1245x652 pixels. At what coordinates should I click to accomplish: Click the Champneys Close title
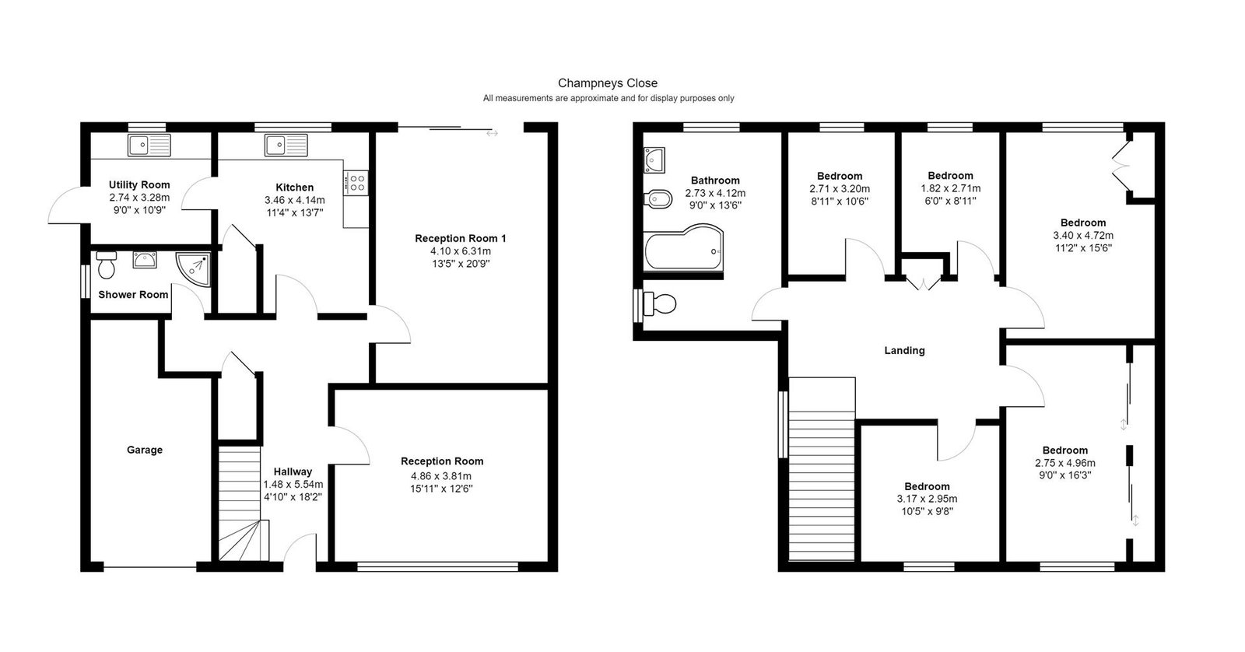point(608,83)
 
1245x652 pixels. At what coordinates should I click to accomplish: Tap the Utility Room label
point(139,185)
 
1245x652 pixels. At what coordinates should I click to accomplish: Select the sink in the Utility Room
point(149,145)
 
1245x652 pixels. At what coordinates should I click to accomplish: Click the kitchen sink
point(286,145)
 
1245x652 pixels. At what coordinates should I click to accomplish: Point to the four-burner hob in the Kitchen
point(356,183)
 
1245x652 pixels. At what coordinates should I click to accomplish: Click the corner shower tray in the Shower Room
point(194,269)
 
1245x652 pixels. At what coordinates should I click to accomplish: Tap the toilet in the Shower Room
point(106,265)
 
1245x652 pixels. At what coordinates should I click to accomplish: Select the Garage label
point(145,450)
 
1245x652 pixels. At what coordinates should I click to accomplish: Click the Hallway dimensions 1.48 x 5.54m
point(293,484)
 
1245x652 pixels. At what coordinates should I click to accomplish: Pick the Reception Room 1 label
point(461,238)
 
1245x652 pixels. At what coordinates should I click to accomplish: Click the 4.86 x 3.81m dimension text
point(441,476)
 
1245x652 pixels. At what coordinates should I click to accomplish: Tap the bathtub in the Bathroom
point(684,248)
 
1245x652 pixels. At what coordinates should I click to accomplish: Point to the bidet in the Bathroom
point(658,198)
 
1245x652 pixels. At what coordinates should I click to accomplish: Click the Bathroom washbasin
point(654,160)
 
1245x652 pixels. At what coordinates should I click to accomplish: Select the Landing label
point(905,351)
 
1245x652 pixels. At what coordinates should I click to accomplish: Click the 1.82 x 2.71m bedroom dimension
point(950,188)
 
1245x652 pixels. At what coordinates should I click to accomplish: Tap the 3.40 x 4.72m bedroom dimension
point(1083,236)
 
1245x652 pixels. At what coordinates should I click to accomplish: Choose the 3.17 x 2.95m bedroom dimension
point(927,500)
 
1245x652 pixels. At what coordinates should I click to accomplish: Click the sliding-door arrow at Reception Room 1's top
point(492,133)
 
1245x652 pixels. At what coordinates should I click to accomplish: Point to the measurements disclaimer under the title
point(608,98)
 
